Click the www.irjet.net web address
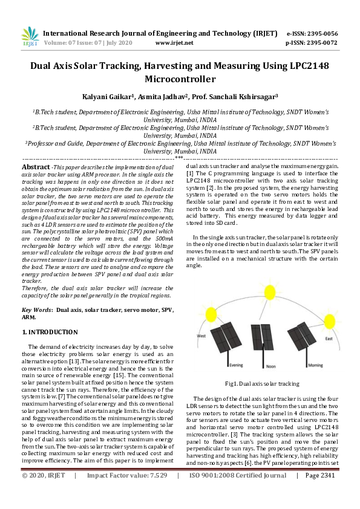pyautogui.click(x=174, y=43)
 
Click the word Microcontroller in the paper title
pyautogui.click(x=180, y=79)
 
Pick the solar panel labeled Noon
pyautogui.click(x=262, y=342)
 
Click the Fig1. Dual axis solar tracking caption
pyautogui.click(x=262, y=383)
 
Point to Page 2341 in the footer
pyautogui.click(x=320, y=493)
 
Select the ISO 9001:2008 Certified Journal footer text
pyautogui.click(x=237, y=493)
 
